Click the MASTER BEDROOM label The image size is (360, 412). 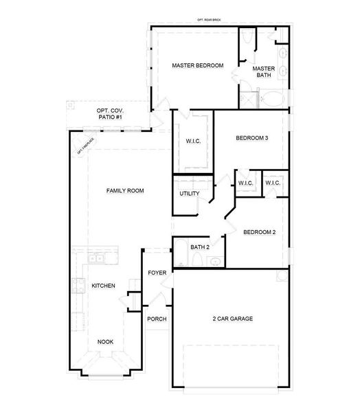197,65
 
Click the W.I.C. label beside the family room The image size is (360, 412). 192,141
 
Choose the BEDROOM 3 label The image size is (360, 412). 251,138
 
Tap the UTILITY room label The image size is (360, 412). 190,194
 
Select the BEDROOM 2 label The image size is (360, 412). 259,232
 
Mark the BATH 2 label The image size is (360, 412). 200,247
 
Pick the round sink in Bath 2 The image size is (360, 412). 215,261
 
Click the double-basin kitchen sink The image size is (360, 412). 97,258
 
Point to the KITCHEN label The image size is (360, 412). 103,286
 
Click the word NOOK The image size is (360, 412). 105,341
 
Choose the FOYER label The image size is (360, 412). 157,273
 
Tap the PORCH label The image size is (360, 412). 157,319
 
